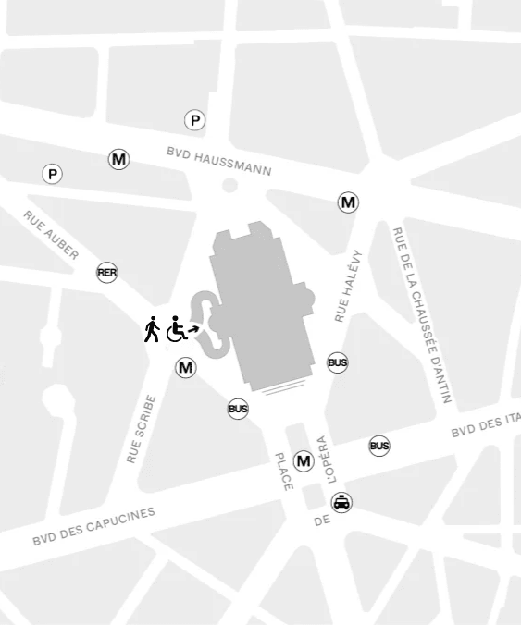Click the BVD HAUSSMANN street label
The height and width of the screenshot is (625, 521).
[219, 161]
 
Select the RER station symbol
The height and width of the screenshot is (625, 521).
[107, 273]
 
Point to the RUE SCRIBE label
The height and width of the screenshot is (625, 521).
[140, 429]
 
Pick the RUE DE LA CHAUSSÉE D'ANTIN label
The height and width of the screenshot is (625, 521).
[421, 315]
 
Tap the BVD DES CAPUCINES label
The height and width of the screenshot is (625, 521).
[93, 526]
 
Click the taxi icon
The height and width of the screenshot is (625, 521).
[342, 503]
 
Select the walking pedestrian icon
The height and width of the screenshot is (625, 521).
[152, 329]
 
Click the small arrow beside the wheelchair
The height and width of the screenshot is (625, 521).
[193, 326]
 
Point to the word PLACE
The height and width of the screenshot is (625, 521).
[283, 472]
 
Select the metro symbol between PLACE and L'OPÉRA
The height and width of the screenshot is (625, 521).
[304, 461]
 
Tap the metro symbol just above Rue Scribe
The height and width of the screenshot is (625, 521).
[186, 368]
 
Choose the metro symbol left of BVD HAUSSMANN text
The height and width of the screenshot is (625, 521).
[119, 159]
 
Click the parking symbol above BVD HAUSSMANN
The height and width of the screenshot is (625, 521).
[194, 120]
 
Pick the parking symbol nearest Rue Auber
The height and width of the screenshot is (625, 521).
[53, 174]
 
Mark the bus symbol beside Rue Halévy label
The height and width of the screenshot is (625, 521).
[338, 362]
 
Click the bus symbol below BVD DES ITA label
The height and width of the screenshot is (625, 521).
[379, 446]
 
